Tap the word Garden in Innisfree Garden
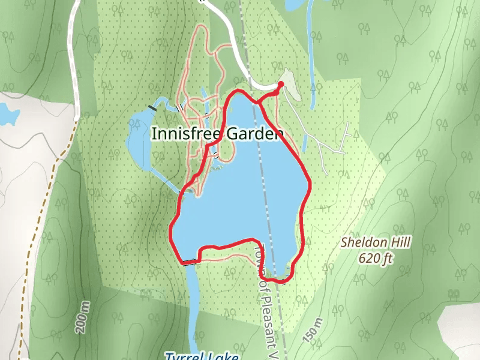tap(251, 133)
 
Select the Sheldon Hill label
tap(375, 243)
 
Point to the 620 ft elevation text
tap(376, 259)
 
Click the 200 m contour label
tap(82, 318)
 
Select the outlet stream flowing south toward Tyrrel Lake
tap(193, 300)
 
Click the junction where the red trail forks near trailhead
tap(259, 102)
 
